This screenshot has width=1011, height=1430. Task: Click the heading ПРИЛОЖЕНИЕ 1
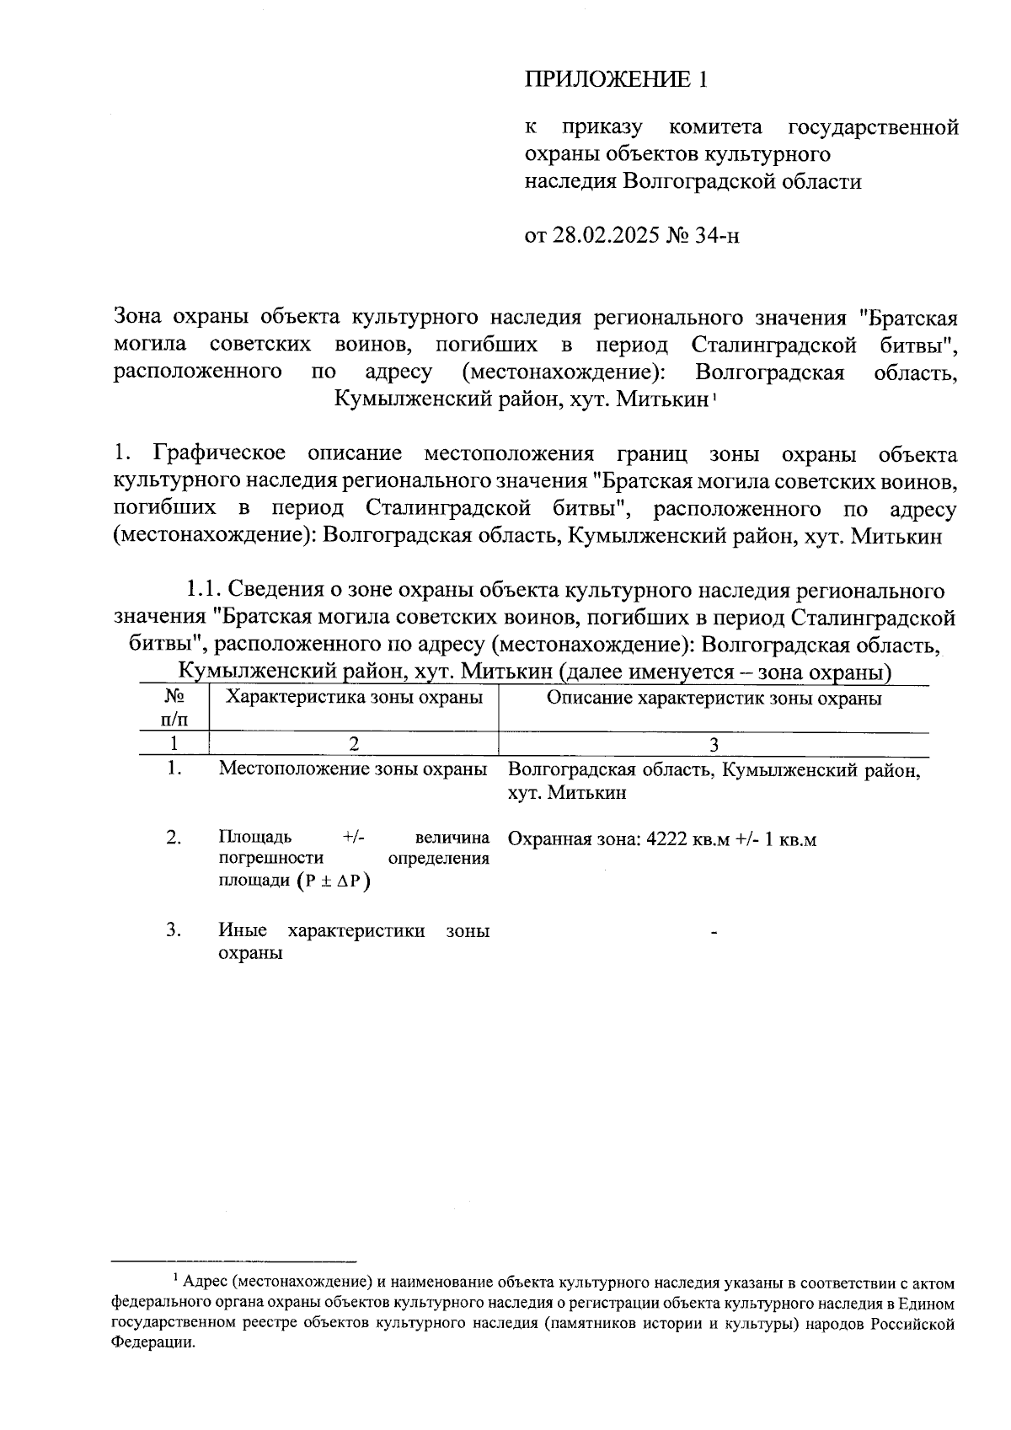[616, 80]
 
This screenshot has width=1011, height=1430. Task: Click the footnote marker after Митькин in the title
[714, 396]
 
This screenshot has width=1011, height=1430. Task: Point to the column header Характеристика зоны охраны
[355, 698]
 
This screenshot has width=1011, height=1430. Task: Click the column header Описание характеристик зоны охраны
[714, 699]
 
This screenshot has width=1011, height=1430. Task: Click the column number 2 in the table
[353, 744]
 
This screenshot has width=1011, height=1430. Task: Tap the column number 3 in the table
[714, 744]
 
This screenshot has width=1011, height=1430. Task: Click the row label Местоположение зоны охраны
[353, 769]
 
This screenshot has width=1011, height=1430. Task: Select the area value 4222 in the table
[665, 840]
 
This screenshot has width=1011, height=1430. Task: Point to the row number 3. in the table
[174, 930]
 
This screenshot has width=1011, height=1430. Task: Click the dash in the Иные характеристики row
[714, 932]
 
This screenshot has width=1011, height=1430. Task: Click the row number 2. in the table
[174, 838]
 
